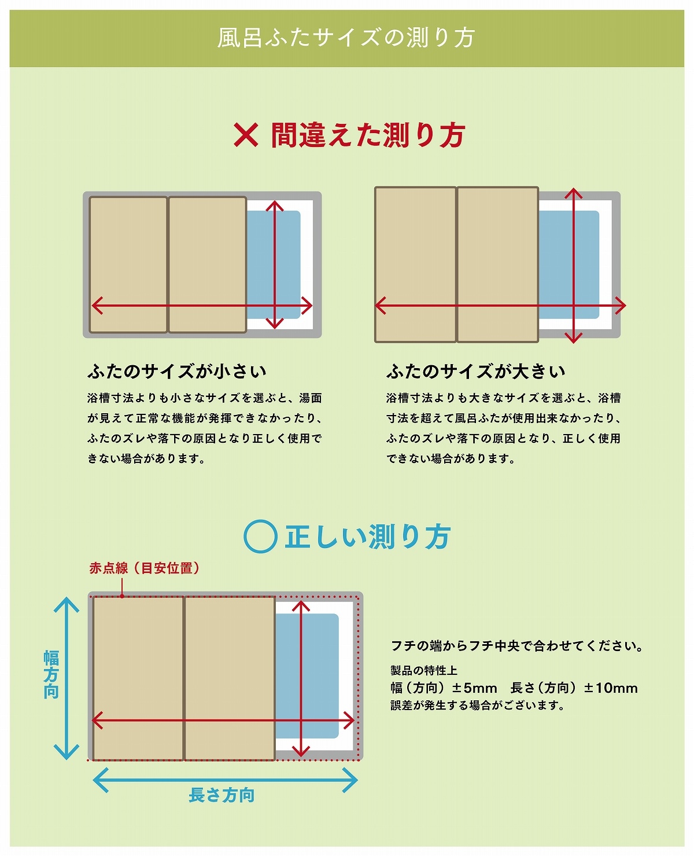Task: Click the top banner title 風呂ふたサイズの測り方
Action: (346, 38)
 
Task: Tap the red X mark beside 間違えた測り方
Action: (246, 135)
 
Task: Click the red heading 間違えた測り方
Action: (368, 135)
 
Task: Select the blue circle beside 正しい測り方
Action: (260, 537)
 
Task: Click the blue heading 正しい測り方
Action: (367, 537)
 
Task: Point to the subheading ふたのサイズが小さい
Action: (177, 371)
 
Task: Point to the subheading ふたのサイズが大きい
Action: (475, 371)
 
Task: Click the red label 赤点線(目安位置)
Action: (145, 568)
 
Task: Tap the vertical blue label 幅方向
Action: (51, 675)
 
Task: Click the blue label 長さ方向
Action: (222, 795)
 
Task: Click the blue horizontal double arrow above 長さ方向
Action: (225, 780)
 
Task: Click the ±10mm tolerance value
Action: (611, 688)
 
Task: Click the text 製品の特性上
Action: (424, 670)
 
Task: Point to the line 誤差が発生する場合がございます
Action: (478, 706)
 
